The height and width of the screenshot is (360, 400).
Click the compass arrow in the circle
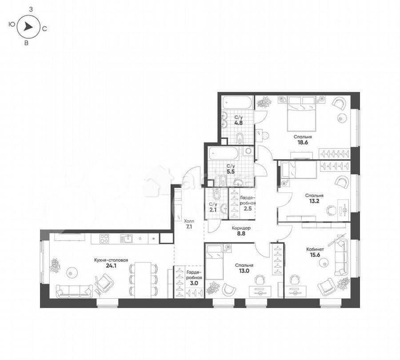[28, 27]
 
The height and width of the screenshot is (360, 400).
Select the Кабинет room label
[315, 250]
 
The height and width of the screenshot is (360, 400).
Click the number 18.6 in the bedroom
[302, 144]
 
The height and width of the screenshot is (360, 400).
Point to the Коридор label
[241, 228]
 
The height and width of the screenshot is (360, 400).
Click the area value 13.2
[314, 201]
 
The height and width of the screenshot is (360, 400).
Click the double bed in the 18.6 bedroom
[302, 111]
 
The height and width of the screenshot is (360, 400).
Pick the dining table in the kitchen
[143, 279]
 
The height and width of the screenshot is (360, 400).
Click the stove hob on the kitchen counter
[104, 238]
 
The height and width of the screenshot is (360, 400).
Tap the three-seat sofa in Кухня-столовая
[74, 291]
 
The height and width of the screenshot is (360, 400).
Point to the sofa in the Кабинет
[341, 256]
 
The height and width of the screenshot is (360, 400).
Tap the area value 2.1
[213, 210]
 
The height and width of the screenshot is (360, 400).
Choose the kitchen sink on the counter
[127, 239]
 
